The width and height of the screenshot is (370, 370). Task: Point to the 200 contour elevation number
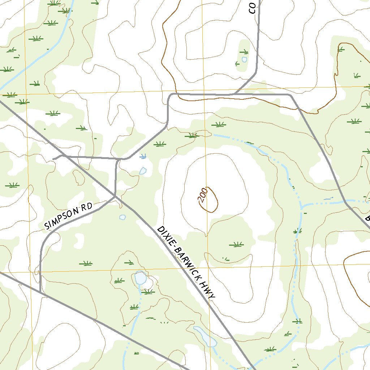(203, 194)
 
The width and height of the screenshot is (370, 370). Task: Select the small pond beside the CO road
(244, 59)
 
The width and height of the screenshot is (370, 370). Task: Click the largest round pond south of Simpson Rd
(140, 278)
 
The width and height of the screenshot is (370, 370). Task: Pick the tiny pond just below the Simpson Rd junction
(122, 217)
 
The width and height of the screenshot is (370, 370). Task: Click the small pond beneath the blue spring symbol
(143, 171)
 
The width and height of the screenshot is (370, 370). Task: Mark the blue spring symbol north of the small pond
(143, 156)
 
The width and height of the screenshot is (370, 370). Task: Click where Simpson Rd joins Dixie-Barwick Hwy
(115, 196)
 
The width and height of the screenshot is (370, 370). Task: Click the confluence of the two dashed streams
(301, 207)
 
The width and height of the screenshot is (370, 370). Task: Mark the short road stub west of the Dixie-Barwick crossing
(57, 158)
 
